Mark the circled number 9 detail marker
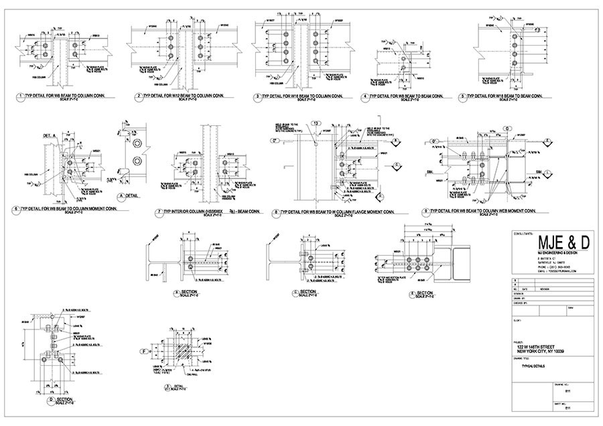click(426, 212)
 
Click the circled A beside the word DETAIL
click(122, 197)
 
